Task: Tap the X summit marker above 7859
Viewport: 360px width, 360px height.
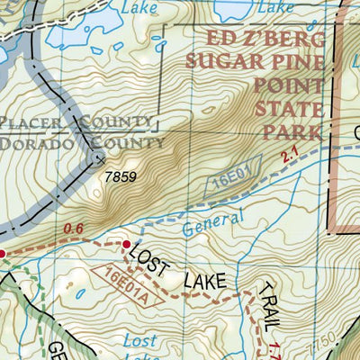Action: (x=98, y=160)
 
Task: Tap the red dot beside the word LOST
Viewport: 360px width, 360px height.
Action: (x=125, y=243)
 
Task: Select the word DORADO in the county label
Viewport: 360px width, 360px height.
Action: (x=35, y=142)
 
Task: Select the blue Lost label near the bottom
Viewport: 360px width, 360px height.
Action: (x=144, y=338)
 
